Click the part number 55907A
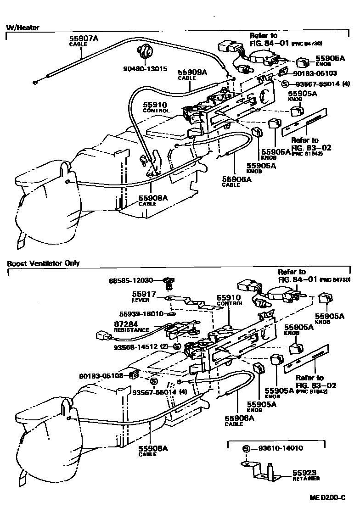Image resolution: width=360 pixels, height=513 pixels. point(84,39)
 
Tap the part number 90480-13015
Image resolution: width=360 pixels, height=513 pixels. point(145,69)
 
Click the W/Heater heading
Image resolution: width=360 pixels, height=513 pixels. point(22,28)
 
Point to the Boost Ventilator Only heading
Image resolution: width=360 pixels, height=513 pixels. point(43,263)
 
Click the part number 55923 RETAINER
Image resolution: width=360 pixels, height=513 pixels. point(306,474)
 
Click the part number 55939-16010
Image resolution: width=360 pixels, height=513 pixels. point(141,314)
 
